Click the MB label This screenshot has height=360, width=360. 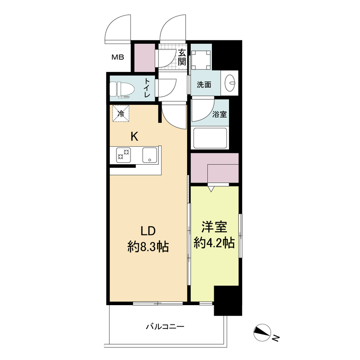pyautogui.click(x=118, y=57)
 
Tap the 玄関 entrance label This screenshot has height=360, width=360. pyautogui.click(x=181, y=58)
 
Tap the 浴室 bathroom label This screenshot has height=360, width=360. pyautogui.click(x=220, y=114)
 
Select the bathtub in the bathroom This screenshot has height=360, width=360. pyautogui.click(x=211, y=138)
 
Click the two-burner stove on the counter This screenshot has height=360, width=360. pyautogui.click(x=123, y=155)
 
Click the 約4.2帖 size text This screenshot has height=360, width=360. pyautogui.click(x=213, y=243)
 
